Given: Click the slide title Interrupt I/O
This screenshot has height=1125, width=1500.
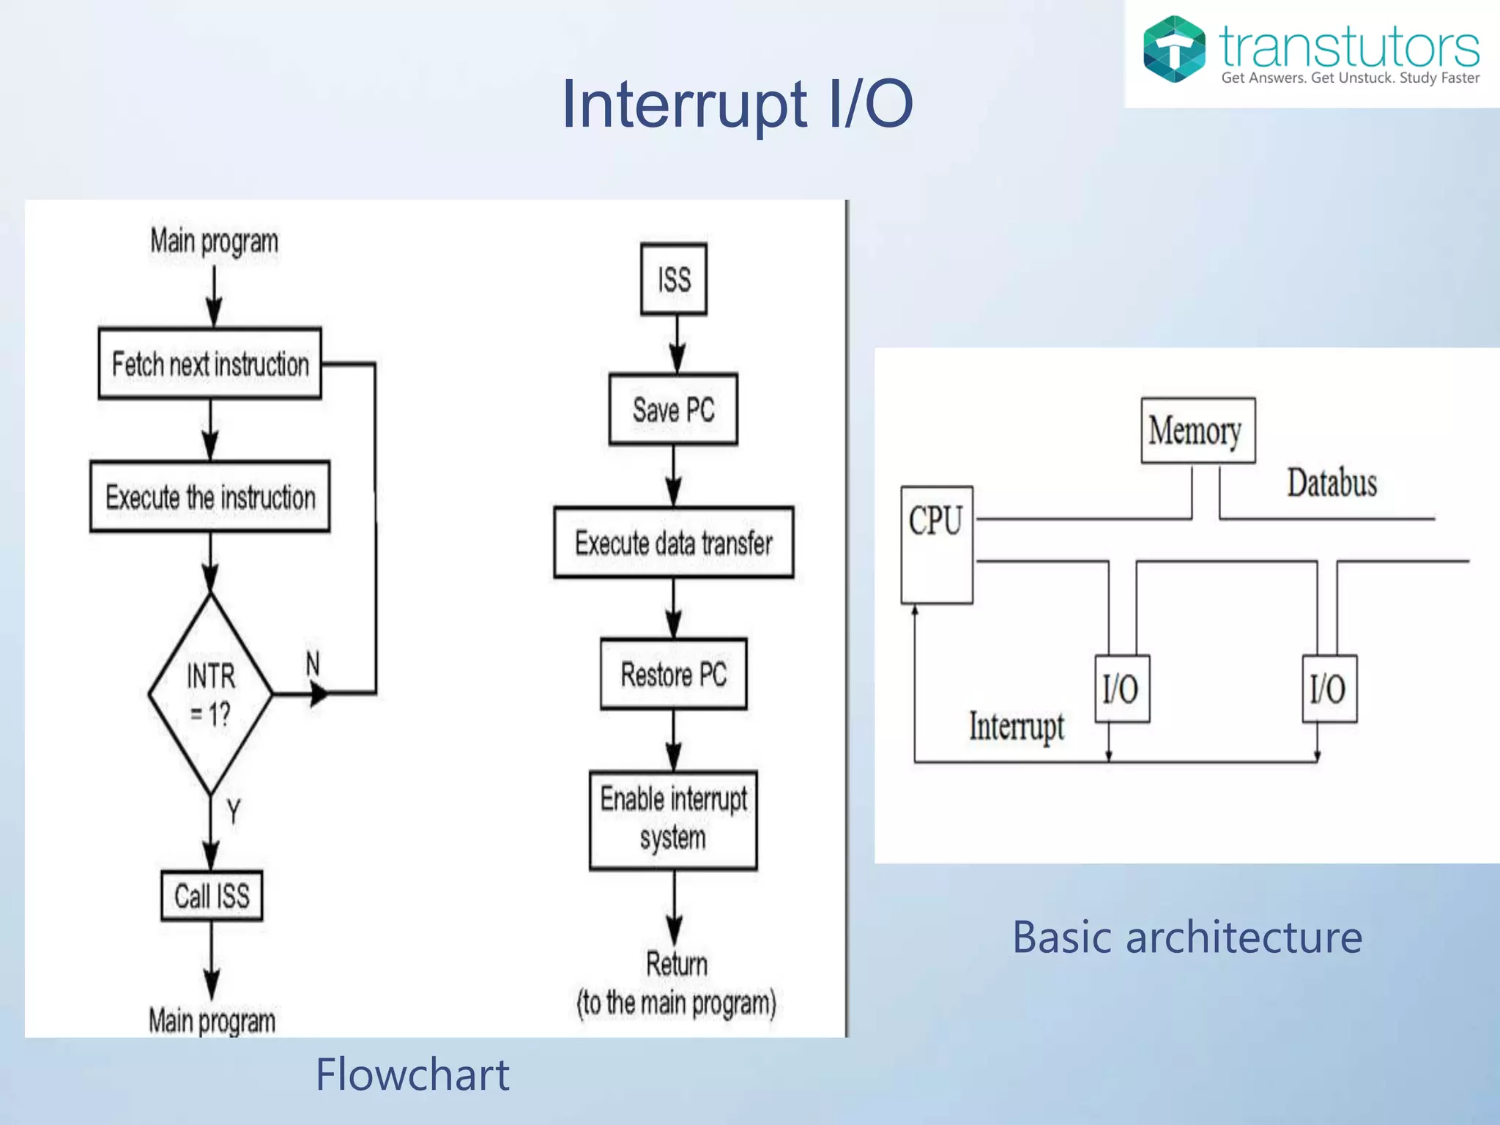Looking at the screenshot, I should point(737,104).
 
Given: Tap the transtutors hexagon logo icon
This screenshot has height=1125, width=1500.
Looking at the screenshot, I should point(1173,49).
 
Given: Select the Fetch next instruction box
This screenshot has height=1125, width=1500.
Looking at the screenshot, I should point(209,363).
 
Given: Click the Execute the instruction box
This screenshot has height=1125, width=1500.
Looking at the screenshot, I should point(209,497).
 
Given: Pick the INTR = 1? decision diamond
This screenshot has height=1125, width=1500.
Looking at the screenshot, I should point(210,693).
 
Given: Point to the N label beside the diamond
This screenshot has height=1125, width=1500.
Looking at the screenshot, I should point(313,664).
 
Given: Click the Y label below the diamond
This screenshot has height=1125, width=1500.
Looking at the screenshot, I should point(233,811).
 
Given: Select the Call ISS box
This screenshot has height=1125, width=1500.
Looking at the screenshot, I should point(212,895).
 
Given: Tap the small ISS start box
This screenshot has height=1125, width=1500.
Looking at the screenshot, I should point(673,279).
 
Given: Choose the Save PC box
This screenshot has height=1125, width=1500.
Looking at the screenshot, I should point(673,409).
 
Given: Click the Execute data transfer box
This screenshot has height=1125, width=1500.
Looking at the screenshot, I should point(673,543).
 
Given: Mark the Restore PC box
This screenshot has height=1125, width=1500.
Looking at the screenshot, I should point(673,674).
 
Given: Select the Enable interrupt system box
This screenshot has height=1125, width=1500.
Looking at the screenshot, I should point(673,819).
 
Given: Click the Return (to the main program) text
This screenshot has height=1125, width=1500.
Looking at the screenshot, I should point(676,984).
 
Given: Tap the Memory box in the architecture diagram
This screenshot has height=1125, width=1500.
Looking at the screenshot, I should point(1198,431).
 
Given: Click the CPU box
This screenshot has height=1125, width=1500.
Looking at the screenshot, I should point(936,543).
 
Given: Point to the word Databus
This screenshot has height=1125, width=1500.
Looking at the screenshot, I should point(1332,483).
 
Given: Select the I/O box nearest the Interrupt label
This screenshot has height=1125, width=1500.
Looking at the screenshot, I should point(1121,688).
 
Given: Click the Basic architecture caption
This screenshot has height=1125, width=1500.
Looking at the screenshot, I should point(1187,937).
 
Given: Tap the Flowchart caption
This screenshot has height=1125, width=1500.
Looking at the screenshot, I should point(412,1074).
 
